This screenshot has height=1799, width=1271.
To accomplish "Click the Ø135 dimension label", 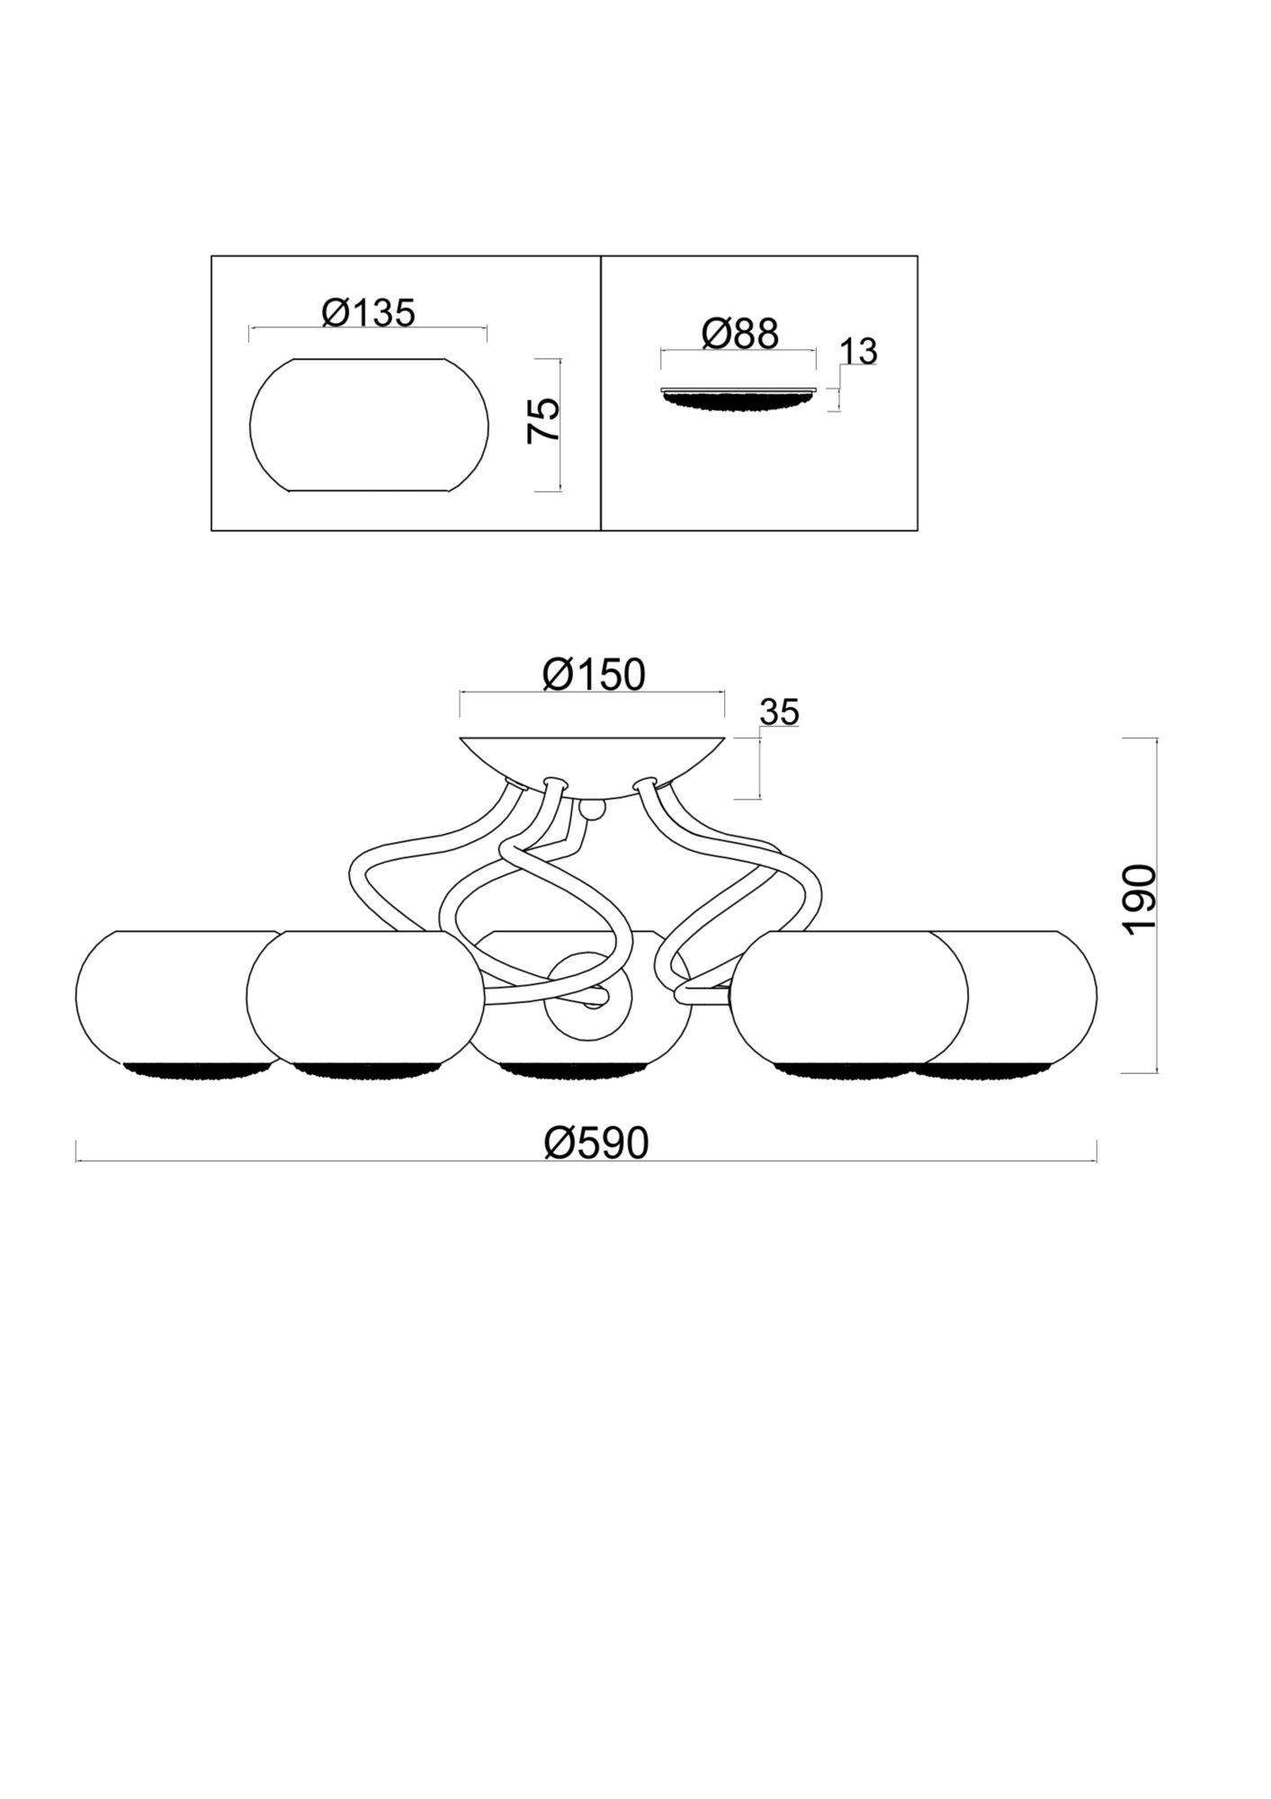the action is point(369,313).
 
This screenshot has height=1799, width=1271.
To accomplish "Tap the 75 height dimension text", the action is point(543,420).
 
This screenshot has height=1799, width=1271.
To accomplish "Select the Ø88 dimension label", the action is point(739,334).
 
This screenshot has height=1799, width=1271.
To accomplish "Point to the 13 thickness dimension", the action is point(859,352).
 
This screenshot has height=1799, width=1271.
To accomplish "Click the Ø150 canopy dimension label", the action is point(594,675).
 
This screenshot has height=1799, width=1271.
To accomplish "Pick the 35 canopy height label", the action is point(779,712).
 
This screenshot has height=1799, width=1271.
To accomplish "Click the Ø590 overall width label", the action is point(596,1144).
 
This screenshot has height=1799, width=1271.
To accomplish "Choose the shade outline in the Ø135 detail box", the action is point(370,425).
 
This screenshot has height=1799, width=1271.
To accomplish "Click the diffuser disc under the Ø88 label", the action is point(738,398).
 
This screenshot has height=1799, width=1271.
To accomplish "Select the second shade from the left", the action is point(364,998).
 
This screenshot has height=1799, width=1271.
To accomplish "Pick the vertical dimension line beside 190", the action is point(1157,905).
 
